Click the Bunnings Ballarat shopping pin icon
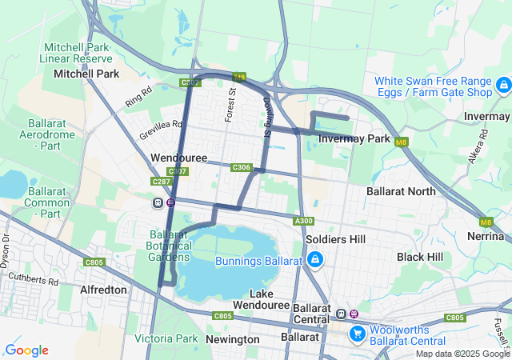click(x=315, y=260)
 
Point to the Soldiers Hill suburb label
click(x=335, y=239)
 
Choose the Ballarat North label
click(x=401, y=191)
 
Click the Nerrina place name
click(x=484, y=236)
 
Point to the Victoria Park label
click(x=166, y=339)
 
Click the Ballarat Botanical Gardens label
click(x=168, y=246)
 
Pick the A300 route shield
click(x=303, y=221)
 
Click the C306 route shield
click(x=241, y=167)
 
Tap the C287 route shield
click(x=161, y=182)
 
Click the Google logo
click(x=26, y=350)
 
